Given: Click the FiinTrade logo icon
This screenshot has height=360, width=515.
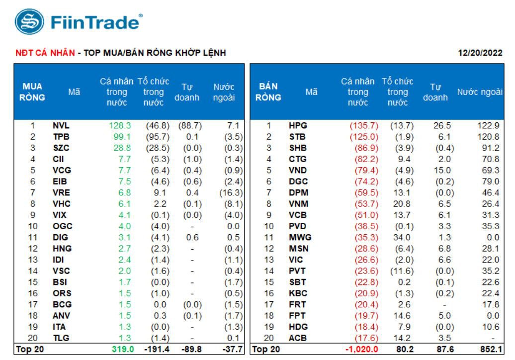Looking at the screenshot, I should tap(30, 22).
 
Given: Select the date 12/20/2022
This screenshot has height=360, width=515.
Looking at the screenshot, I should tap(480, 53).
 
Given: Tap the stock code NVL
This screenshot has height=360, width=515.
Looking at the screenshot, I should tap(61, 126).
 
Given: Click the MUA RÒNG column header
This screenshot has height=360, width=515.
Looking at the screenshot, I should tap(32, 92).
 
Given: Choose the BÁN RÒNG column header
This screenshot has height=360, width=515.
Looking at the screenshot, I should tap(268, 92).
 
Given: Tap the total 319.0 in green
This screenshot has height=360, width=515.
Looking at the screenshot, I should tap(123, 349).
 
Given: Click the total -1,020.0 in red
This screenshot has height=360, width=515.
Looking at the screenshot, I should tap(361, 349).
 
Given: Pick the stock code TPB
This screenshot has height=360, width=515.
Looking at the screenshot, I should tap(61, 137).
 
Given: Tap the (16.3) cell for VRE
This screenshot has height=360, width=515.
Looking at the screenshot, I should tap(231, 192).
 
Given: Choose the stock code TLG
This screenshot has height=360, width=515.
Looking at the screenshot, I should tap(61, 338).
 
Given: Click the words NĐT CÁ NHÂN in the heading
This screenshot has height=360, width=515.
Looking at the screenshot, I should tap(45, 53).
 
